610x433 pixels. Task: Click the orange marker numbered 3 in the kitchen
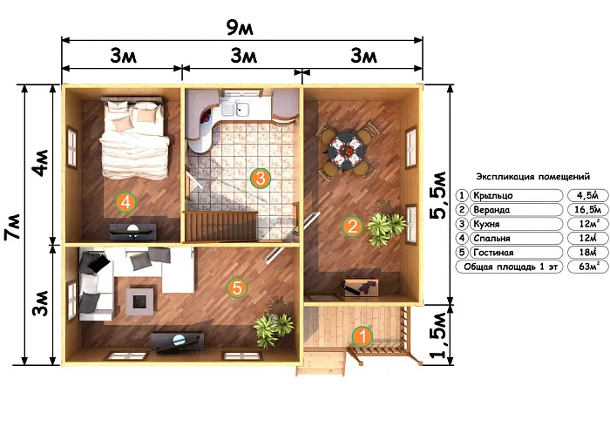(x=261, y=179)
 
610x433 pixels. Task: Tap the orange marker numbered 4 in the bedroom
(x=125, y=202)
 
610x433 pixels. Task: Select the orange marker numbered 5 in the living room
(x=237, y=288)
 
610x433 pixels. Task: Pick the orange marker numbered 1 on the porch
(x=363, y=336)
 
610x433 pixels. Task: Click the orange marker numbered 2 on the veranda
(x=352, y=226)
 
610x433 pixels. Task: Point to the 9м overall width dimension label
(x=240, y=27)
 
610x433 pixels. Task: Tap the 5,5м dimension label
(x=438, y=194)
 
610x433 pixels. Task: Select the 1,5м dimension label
(x=438, y=335)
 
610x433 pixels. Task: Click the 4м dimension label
(x=41, y=163)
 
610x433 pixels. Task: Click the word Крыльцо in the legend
(x=493, y=195)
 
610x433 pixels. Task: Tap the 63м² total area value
(x=588, y=267)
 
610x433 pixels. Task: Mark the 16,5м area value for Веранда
(x=588, y=210)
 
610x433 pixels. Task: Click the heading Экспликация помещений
(x=533, y=177)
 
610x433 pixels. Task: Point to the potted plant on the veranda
(x=385, y=228)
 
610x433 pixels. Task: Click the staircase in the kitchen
(x=221, y=227)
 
